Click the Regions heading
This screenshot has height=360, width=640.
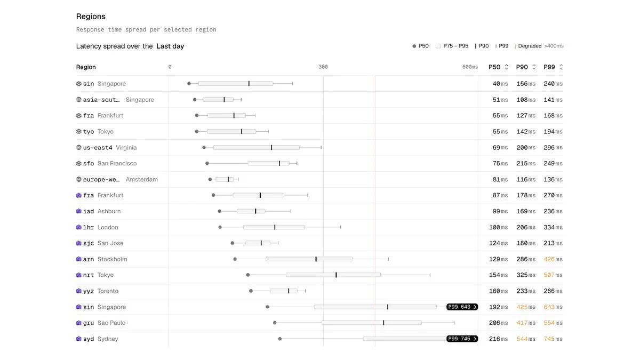91,17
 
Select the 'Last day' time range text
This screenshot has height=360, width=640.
170,46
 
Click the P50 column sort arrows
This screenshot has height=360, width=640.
506,67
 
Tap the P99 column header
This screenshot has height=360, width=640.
549,67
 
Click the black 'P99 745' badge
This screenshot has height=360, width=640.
462,339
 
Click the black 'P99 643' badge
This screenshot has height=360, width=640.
462,307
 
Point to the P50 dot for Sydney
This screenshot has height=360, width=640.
280,339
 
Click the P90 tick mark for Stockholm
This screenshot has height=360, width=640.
316,259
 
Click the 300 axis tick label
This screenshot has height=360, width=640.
323,67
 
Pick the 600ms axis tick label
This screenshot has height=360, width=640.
470,67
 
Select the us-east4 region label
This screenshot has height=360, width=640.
98,147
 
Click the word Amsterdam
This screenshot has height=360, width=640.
142,179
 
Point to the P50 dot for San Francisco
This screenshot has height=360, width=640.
207,163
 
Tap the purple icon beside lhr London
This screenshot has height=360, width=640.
79,227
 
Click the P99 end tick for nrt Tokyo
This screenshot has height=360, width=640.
430,275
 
